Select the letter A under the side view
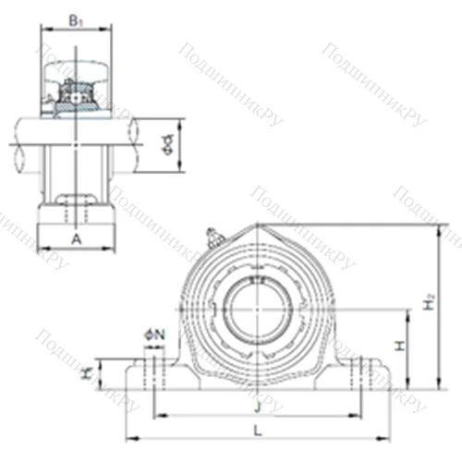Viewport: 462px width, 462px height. pyautogui.click(x=77, y=237)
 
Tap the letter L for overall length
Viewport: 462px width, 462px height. pyautogui.click(x=257, y=430)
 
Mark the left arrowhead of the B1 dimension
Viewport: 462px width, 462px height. pyautogui.click(x=42, y=28)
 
